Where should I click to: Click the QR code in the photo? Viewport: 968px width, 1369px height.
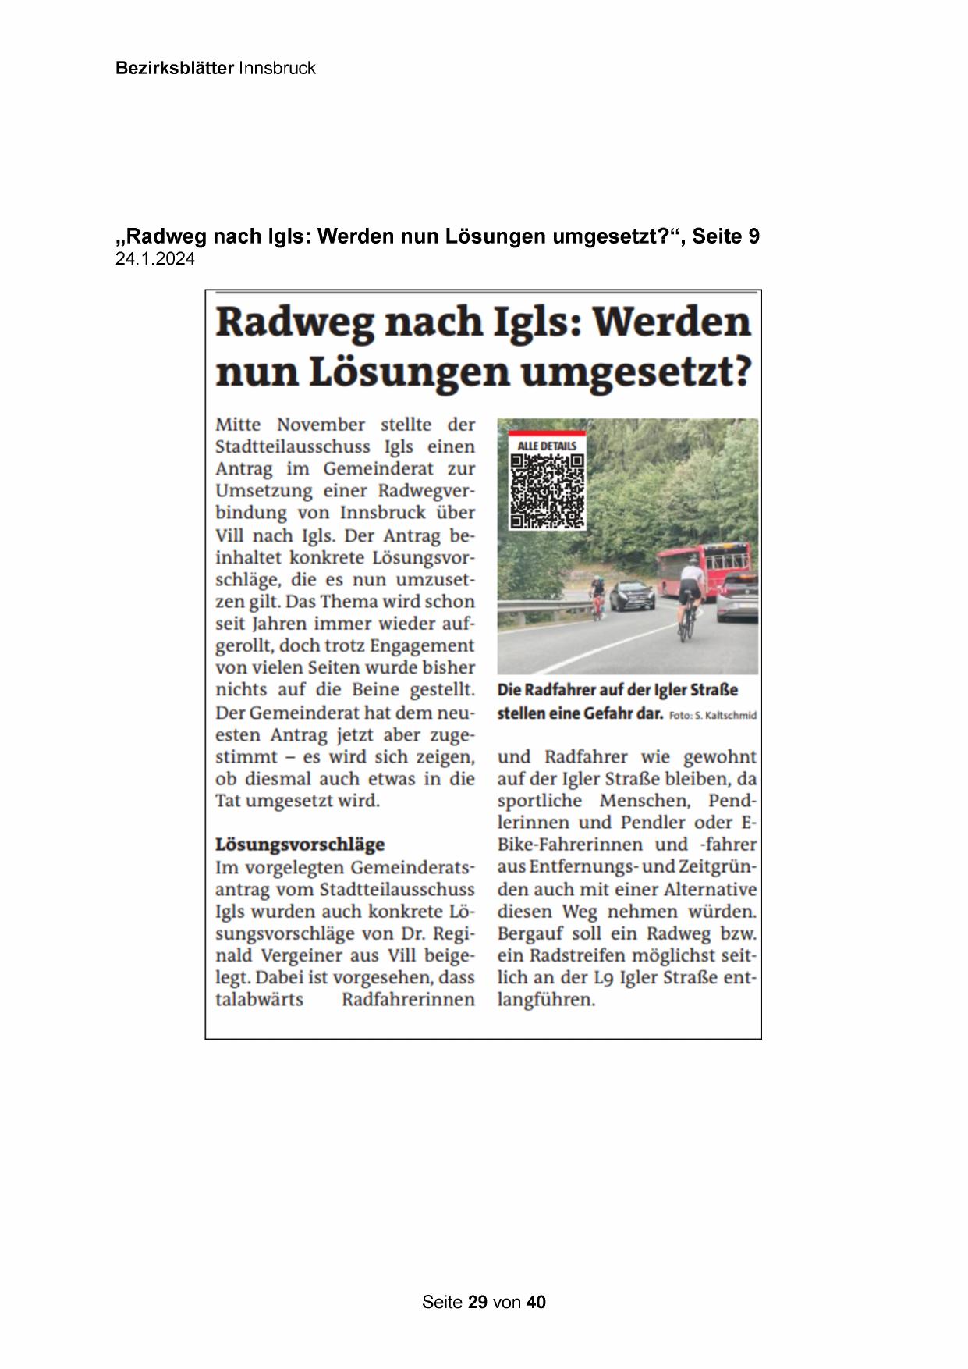tap(547, 491)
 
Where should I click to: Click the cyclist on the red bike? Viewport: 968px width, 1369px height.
tap(597, 596)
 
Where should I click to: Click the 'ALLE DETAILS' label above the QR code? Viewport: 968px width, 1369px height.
tap(547, 446)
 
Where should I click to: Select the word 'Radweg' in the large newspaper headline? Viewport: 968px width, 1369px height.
tap(294, 322)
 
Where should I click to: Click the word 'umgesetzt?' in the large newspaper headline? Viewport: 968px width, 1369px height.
tap(634, 372)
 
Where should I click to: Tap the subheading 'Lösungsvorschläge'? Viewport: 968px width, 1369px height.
tap(300, 845)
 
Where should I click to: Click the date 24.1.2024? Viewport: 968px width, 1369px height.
tap(155, 259)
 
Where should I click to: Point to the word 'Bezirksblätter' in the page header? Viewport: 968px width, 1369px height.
tap(174, 68)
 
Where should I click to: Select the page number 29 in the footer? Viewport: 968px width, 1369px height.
tap(478, 1302)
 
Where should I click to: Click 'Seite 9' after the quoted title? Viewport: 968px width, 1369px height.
tap(726, 236)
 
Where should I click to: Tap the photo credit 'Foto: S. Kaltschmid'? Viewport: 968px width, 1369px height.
tap(713, 715)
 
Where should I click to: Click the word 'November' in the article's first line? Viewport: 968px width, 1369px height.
tap(321, 425)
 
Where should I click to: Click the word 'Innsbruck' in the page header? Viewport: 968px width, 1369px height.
tap(277, 68)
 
